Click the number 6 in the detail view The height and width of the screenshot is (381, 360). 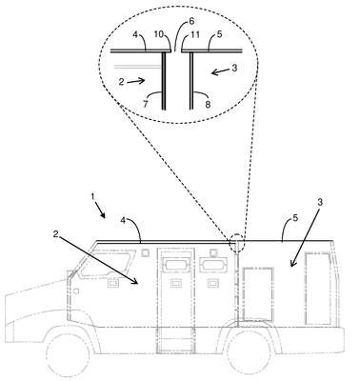191,21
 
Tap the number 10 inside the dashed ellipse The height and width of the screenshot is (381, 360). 161,34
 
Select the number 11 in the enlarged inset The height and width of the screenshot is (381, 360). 194,34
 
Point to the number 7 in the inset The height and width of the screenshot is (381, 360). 146,104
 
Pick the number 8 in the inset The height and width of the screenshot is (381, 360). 208,104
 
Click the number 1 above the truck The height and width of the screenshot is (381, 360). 92,197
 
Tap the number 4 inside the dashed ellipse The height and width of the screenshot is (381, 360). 135,34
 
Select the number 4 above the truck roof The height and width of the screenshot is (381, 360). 124,221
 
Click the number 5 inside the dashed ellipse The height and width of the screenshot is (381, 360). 219,34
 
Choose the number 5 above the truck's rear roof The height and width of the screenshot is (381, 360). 295,218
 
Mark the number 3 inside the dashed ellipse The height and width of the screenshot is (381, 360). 234,68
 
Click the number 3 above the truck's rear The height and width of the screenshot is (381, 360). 320,202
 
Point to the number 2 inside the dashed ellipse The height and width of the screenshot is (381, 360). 121,82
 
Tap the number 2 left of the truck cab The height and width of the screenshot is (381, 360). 56,234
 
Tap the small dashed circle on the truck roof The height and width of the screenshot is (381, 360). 237,243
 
